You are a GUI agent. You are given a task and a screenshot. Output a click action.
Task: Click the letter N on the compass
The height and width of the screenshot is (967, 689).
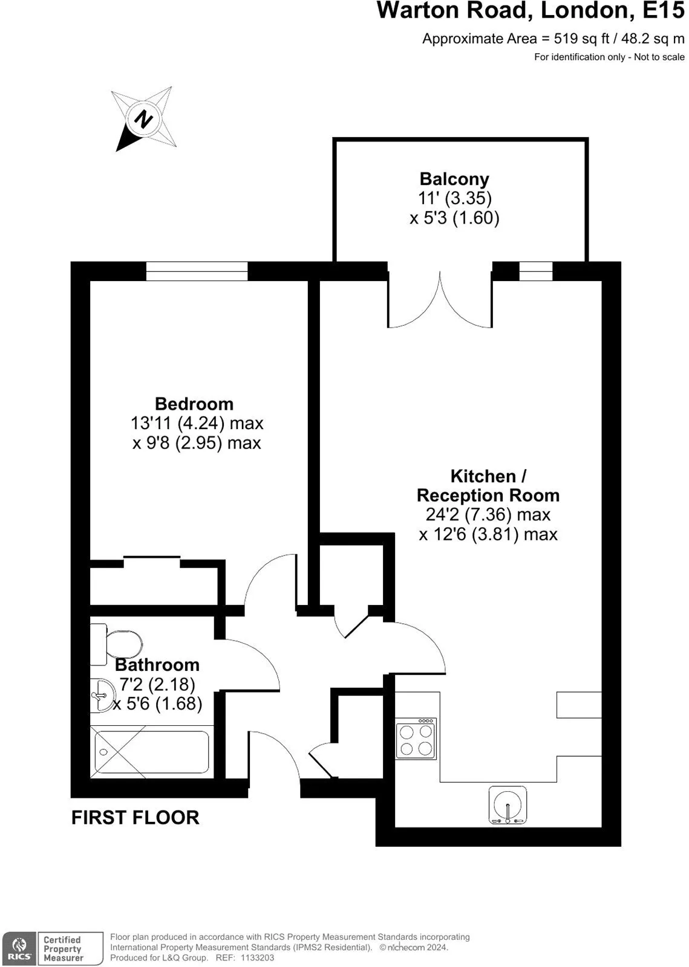click(143, 118)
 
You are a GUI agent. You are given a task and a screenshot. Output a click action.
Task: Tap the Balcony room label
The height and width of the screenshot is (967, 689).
click(454, 179)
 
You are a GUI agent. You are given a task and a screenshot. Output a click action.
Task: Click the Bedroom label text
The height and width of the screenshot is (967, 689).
click(194, 404)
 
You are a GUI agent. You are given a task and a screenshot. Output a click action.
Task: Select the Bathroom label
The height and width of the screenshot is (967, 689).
click(157, 665)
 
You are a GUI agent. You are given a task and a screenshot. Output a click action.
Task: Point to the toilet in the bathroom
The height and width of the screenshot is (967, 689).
click(116, 644)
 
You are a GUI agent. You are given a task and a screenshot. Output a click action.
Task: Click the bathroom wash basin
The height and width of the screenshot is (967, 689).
click(102, 695)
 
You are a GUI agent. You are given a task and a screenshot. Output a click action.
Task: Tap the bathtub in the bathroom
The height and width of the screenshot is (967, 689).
click(152, 752)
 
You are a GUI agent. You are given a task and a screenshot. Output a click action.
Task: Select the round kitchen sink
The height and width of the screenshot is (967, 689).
click(508, 804)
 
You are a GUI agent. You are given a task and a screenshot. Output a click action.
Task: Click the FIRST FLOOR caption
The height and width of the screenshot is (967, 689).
click(136, 818)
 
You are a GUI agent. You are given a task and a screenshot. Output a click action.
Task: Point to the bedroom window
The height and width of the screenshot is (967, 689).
click(197, 271)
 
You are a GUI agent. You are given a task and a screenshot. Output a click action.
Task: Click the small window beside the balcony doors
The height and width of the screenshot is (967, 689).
click(535, 271)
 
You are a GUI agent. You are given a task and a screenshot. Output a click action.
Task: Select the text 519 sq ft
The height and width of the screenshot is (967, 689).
click(581, 39)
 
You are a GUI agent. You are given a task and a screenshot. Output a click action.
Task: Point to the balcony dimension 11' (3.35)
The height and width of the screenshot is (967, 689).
click(455, 198)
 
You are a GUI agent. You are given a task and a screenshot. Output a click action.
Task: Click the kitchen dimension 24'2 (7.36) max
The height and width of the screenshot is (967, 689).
click(488, 514)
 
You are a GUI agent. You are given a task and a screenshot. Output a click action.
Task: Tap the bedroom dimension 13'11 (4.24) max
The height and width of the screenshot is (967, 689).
click(197, 424)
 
